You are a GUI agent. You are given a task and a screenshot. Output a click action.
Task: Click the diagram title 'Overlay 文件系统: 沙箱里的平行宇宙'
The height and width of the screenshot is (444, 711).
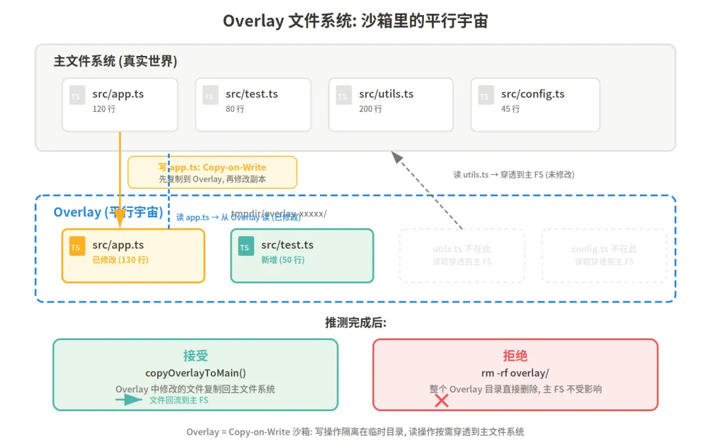355,21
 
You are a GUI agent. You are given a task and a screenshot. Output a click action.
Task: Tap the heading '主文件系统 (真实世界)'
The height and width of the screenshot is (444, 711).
115,61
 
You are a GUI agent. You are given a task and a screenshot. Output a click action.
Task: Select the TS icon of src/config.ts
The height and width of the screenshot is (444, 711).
485,95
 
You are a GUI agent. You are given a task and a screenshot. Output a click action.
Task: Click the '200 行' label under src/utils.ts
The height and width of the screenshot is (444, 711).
370,109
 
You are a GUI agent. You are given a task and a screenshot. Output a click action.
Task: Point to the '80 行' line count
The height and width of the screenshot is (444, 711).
235,109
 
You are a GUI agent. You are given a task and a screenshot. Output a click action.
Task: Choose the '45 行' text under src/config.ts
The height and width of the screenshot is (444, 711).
510,109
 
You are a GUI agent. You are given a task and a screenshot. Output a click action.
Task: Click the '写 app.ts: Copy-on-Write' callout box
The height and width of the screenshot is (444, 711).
212,172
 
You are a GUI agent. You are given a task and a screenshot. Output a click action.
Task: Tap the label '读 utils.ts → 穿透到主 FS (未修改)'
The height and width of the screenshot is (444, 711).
514,174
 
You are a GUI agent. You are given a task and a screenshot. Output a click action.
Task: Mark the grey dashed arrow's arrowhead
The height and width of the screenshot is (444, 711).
396,156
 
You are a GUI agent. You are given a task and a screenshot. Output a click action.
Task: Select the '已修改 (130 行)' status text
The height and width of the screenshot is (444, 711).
120,260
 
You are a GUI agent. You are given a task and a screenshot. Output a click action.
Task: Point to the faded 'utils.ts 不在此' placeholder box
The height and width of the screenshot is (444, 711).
461,255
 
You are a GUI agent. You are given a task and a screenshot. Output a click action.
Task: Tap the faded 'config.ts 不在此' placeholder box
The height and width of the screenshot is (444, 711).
604,255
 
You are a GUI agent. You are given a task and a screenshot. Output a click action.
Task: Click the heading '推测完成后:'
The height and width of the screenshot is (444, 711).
355,322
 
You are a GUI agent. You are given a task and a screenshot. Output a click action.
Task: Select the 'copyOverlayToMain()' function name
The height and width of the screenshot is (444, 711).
196,373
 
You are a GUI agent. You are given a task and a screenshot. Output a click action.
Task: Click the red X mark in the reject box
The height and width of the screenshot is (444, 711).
442,401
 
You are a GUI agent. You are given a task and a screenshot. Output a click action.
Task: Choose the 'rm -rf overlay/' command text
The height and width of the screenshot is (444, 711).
515,373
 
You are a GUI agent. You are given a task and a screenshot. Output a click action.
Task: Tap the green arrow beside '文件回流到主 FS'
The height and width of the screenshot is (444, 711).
129,400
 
